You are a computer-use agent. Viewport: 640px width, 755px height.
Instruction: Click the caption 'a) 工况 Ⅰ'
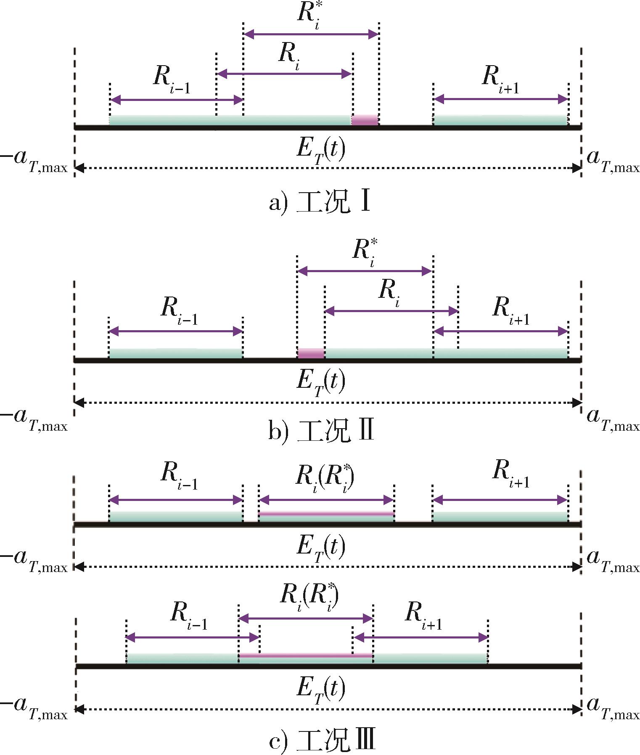[x=320, y=203]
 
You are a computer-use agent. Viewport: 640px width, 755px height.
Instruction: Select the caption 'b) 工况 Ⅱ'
[x=321, y=432]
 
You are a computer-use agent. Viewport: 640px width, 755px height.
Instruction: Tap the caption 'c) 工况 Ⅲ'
[x=322, y=741]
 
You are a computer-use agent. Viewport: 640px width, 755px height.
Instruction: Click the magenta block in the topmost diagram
[x=365, y=120]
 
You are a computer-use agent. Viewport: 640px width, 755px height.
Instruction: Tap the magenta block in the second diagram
[x=311, y=353]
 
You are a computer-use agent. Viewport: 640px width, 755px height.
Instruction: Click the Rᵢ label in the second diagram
[x=389, y=292]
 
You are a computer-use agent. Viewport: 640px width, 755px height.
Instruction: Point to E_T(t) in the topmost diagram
[x=321, y=151]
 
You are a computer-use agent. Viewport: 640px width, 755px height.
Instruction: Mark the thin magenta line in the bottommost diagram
[x=306, y=655]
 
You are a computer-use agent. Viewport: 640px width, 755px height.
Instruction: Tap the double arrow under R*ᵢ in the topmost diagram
[x=311, y=34]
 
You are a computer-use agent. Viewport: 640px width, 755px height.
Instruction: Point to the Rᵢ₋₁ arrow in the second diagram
[x=176, y=331]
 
